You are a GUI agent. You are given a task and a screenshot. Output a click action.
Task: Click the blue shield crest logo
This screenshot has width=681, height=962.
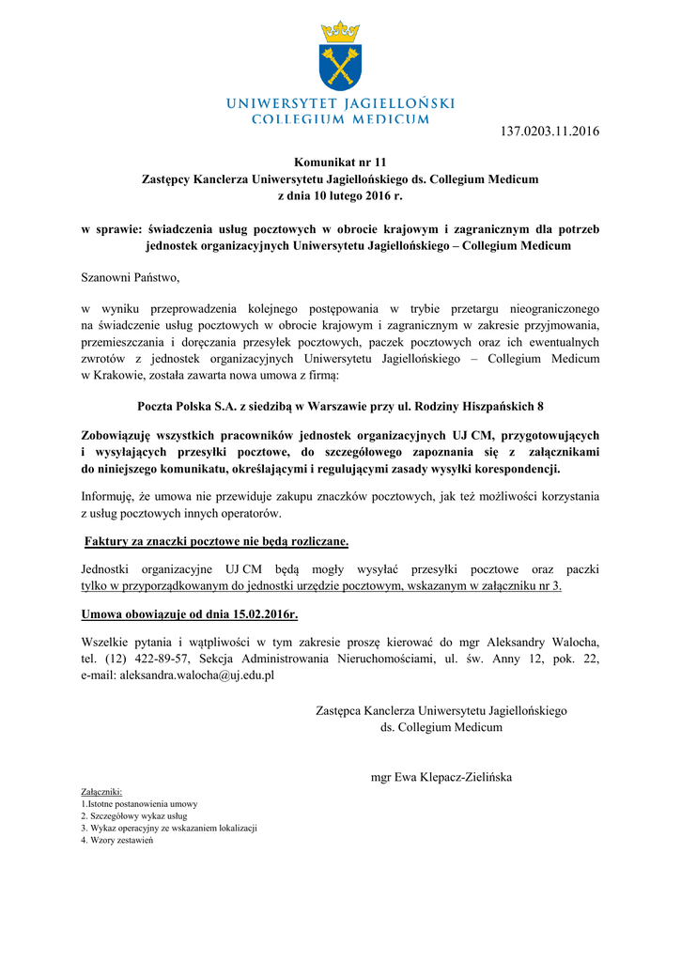[x=340, y=67]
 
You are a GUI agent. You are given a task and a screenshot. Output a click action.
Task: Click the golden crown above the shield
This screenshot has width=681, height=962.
[x=340, y=32]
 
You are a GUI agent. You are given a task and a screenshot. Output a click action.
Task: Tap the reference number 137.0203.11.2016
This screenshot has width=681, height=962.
[x=546, y=131]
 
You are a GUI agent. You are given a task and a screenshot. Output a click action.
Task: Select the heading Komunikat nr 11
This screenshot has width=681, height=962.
[x=340, y=163]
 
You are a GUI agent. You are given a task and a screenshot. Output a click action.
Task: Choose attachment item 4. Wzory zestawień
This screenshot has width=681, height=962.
[x=116, y=840]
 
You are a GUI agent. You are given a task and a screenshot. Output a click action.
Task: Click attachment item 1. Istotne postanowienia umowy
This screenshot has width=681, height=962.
[x=139, y=804]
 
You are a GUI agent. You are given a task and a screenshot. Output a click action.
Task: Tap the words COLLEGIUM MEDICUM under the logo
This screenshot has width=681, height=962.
[x=340, y=119]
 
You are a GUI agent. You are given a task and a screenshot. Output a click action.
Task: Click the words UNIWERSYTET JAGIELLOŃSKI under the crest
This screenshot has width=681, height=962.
[x=340, y=102]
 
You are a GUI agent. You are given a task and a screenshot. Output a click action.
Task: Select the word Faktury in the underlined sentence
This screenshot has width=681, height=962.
[x=108, y=541]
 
